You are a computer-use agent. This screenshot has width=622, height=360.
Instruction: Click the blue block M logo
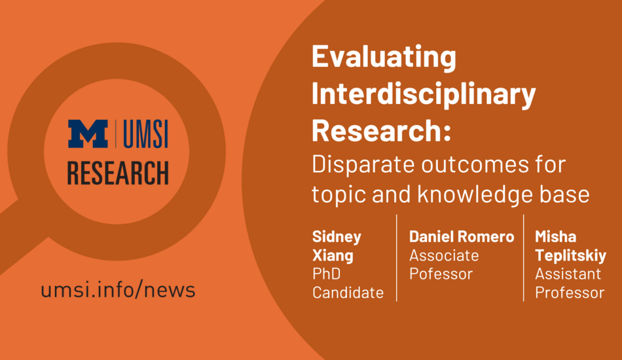[88, 134]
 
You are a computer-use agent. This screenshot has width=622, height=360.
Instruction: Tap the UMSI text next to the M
[145, 134]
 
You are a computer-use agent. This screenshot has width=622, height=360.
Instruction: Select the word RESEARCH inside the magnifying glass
[118, 173]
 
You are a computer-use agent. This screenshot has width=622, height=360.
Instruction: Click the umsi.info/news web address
[119, 290]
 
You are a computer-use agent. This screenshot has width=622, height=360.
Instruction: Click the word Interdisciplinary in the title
[424, 95]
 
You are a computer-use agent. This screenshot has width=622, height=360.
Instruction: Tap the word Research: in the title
[381, 130]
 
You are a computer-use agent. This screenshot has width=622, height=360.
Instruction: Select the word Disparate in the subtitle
[363, 165]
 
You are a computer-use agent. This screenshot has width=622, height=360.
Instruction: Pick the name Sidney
[337, 237]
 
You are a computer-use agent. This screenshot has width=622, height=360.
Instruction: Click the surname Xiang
[333, 255]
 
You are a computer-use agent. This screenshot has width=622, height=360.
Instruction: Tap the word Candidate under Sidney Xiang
[348, 293]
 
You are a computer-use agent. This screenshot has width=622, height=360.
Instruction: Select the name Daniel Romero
[462, 237]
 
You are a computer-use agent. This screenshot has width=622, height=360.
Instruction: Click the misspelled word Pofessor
[441, 274]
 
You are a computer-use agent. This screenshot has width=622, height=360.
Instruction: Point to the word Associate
[444, 255]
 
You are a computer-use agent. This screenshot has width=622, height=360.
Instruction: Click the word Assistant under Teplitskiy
[568, 274]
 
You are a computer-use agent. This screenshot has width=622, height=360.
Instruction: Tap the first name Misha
[555, 237]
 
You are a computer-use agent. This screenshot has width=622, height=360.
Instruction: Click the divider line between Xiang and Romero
[397, 258]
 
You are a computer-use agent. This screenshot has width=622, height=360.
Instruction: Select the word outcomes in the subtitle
[475, 165]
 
